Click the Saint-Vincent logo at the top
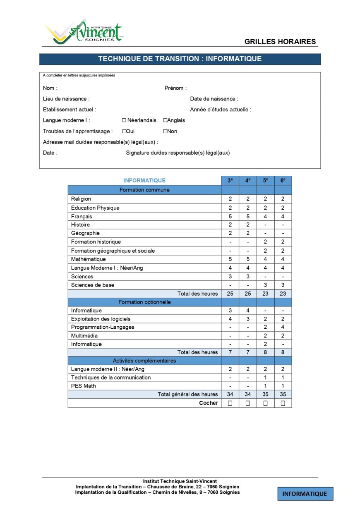pyautogui.click(x=85, y=32)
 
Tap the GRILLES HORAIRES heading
pyautogui.click(x=280, y=41)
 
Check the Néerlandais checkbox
pyautogui.click(x=124, y=120)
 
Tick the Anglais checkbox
pyautogui.click(x=165, y=120)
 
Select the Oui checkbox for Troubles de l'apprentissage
pyautogui.click(x=124, y=131)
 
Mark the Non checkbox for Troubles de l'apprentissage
pyautogui.click(x=165, y=131)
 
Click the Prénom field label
pyautogui.click(x=175, y=88)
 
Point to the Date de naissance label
pyautogui.click(x=214, y=99)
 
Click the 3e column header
pyautogui.click(x=230, y=180)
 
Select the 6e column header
pyautogui.click(x=283, y=180)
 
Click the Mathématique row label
pyautogui.click(x=88, y=259)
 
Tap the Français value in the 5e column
pyautogui.click(x=265, y=216)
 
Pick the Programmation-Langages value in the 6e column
pyautogui.click(x=283, y=327)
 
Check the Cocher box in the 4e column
pyautogui.click(x=248, y=403)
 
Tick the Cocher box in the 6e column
pyautogui.click(x=283, y=403)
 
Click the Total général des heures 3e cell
pyautogui.click(x=230, y=394)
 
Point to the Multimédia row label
pyautogui.click(x=84, y=336)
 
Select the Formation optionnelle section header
pyautogui.click(x=144, y=302)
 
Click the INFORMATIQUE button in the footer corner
pyautogui.click(x=305, y=494)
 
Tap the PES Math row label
pyautogui.click(x=83, y=386)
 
